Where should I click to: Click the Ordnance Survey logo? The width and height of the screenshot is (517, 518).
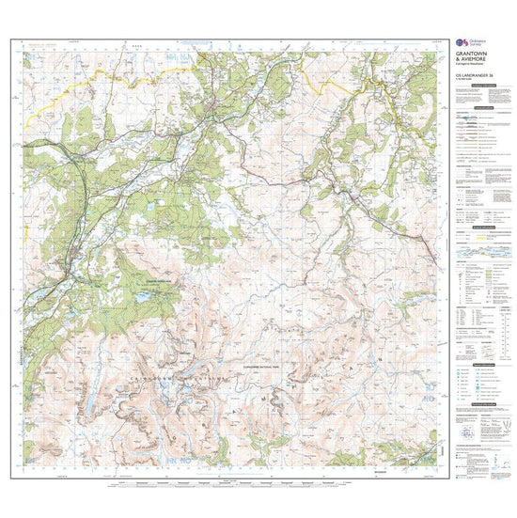tap(462, 43)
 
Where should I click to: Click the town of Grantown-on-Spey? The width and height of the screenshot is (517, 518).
tap(218, 120)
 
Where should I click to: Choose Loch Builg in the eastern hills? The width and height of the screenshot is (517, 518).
tap(376, 358)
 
